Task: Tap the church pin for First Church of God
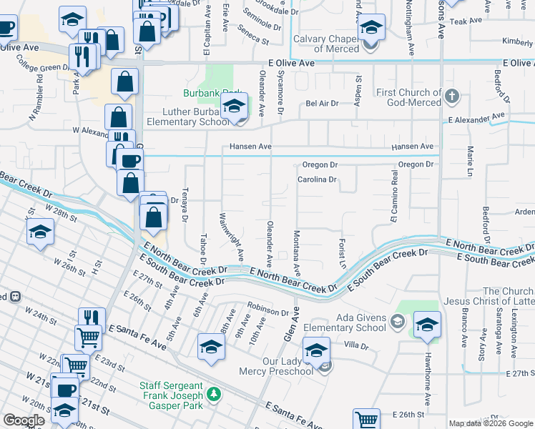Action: [x=451, y=95]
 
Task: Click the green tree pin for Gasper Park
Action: [x=213, y=393]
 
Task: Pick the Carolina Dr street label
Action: [x=317, y=180]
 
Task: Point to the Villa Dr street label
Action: [x=355, y=346]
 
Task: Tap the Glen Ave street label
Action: [x=290, y=330]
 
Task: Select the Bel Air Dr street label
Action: [x=321, y=104]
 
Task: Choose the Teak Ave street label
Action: [x=477, y=21]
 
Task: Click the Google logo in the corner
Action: [x=24, y=420]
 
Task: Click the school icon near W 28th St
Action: [x=41, y=232]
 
